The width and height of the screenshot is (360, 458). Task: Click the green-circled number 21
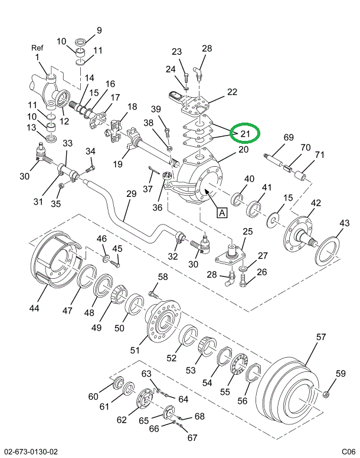tap(244, 134)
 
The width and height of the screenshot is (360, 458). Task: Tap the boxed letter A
tap(222, 213)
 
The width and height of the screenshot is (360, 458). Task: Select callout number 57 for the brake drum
tap(320, 337)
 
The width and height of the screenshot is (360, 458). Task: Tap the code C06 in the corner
tap(348, 452)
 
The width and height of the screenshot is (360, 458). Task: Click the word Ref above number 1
tap(37, 48)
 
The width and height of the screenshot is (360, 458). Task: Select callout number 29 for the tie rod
tap(131, 194)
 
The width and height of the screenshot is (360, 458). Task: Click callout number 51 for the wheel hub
tap(135, 350)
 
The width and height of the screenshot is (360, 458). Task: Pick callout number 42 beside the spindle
tap(316, 203)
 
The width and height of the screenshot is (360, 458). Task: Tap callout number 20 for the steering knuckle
tap(243, 150)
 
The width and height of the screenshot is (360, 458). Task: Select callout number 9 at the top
tap(99, 30)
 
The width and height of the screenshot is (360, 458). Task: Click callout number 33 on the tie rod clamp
tap(67, 143)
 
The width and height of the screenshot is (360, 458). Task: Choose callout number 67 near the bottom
tap(192, 438)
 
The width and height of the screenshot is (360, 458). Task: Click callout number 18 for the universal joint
tap(132, 107)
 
